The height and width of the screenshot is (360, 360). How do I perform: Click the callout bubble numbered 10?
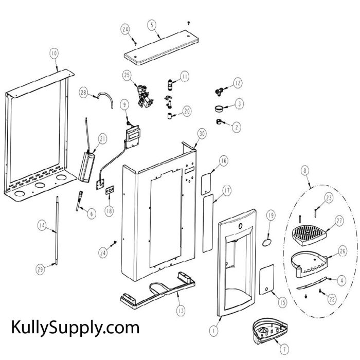54,53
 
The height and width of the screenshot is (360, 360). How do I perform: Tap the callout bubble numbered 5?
152,25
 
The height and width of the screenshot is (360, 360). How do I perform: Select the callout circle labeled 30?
202,134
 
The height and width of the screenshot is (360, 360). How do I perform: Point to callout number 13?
181,311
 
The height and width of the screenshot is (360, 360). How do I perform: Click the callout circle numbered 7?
284,349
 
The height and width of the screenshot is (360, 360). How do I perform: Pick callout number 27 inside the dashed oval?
339,221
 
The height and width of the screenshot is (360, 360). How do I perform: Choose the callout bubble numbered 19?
271,215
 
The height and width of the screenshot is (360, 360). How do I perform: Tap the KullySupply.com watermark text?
75,328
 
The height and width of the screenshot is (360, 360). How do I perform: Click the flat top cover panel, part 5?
161,48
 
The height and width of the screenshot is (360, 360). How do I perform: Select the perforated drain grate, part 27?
309,236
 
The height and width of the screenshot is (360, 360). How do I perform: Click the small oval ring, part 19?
266,242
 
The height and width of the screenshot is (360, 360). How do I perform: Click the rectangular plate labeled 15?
266,280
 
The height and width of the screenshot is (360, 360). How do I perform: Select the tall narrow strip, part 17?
208,223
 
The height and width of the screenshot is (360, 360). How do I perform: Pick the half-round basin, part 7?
269,330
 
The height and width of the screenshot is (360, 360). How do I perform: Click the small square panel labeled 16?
206,184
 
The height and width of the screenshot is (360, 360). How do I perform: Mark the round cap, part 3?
219,108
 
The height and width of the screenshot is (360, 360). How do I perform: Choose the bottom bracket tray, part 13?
158,291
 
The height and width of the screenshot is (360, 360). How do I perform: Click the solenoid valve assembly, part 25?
145,96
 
